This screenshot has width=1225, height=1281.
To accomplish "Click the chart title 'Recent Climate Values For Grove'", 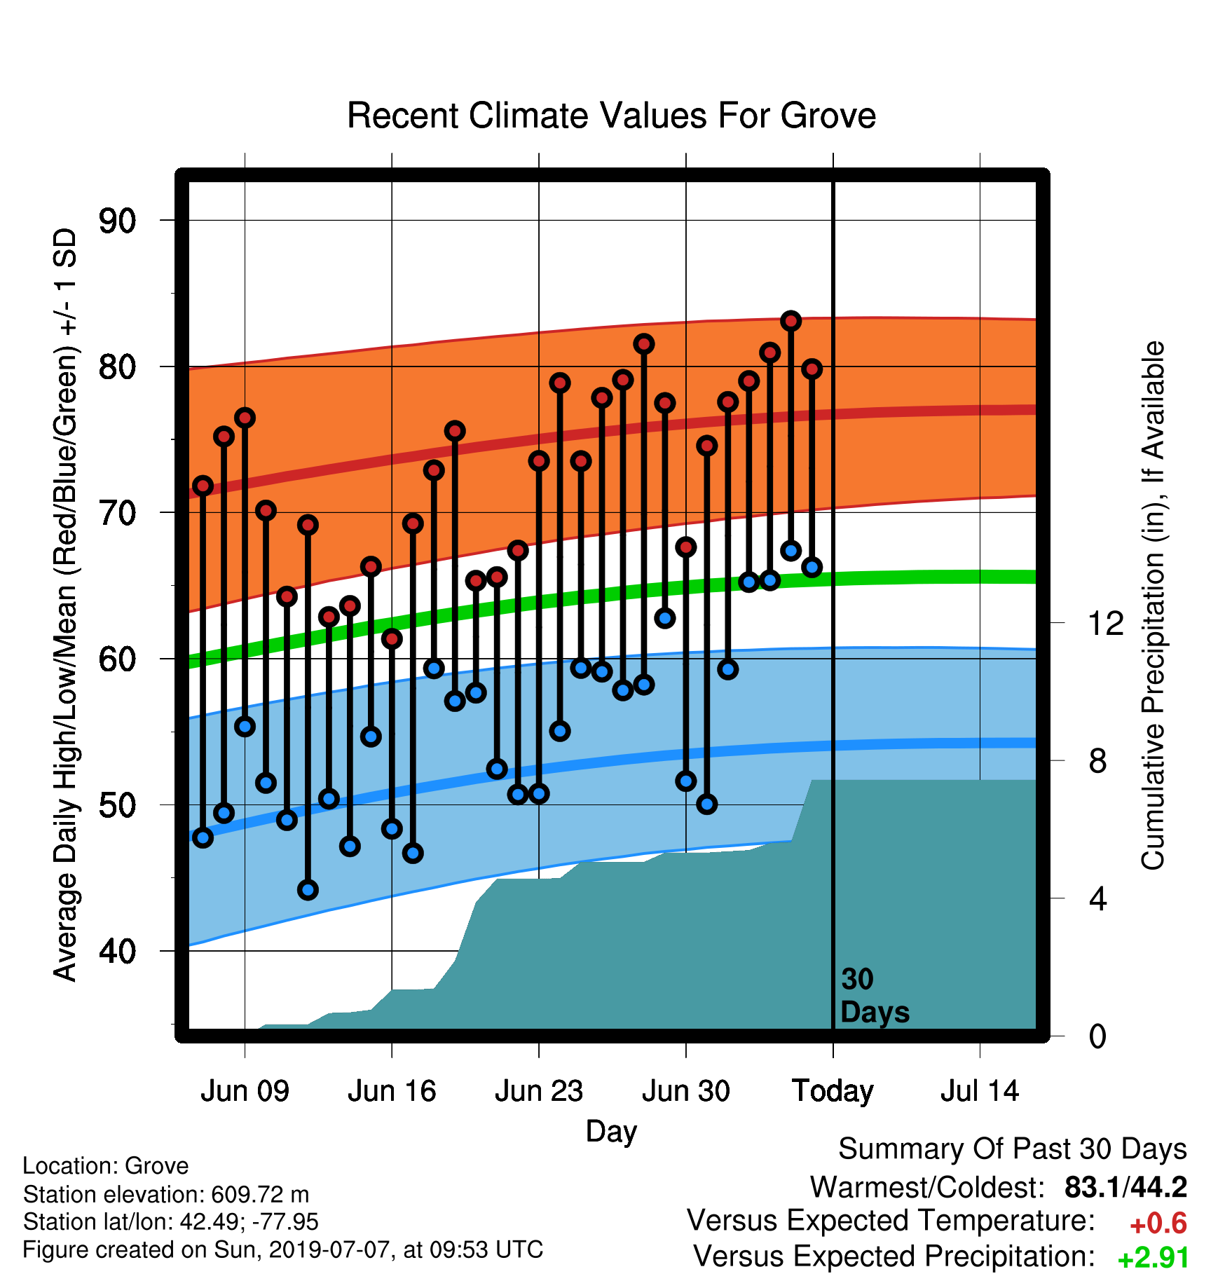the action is click(611, 116).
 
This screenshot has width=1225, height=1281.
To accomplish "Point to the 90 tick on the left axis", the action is click(118, 221).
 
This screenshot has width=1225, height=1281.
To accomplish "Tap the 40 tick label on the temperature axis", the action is click(118, 952).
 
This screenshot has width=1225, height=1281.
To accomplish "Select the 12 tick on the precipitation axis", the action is click(1106, 623).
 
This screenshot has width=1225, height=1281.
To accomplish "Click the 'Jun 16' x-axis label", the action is click(392, 1091).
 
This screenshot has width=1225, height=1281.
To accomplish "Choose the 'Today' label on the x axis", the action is click(833, 1092).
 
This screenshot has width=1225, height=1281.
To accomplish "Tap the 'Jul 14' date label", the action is click(980, 1091).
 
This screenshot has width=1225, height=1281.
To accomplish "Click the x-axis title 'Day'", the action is click(611, 1132).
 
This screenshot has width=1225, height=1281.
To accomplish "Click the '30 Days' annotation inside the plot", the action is click(875, 996).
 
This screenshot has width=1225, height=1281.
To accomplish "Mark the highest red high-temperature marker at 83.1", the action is click(791, 321).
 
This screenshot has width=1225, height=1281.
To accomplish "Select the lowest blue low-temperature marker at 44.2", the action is click(308, 890).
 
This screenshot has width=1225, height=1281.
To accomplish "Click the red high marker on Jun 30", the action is click(686, 547).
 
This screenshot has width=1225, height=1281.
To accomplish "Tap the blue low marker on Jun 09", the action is click(245, 726).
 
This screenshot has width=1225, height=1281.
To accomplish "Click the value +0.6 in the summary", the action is click(1158, 1224).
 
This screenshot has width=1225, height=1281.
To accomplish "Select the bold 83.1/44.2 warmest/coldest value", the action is click(1125, 1188).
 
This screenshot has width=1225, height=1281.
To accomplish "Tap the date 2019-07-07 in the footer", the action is click(329, 1249).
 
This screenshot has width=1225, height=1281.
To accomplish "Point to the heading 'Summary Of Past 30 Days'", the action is click(1013, 1149).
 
